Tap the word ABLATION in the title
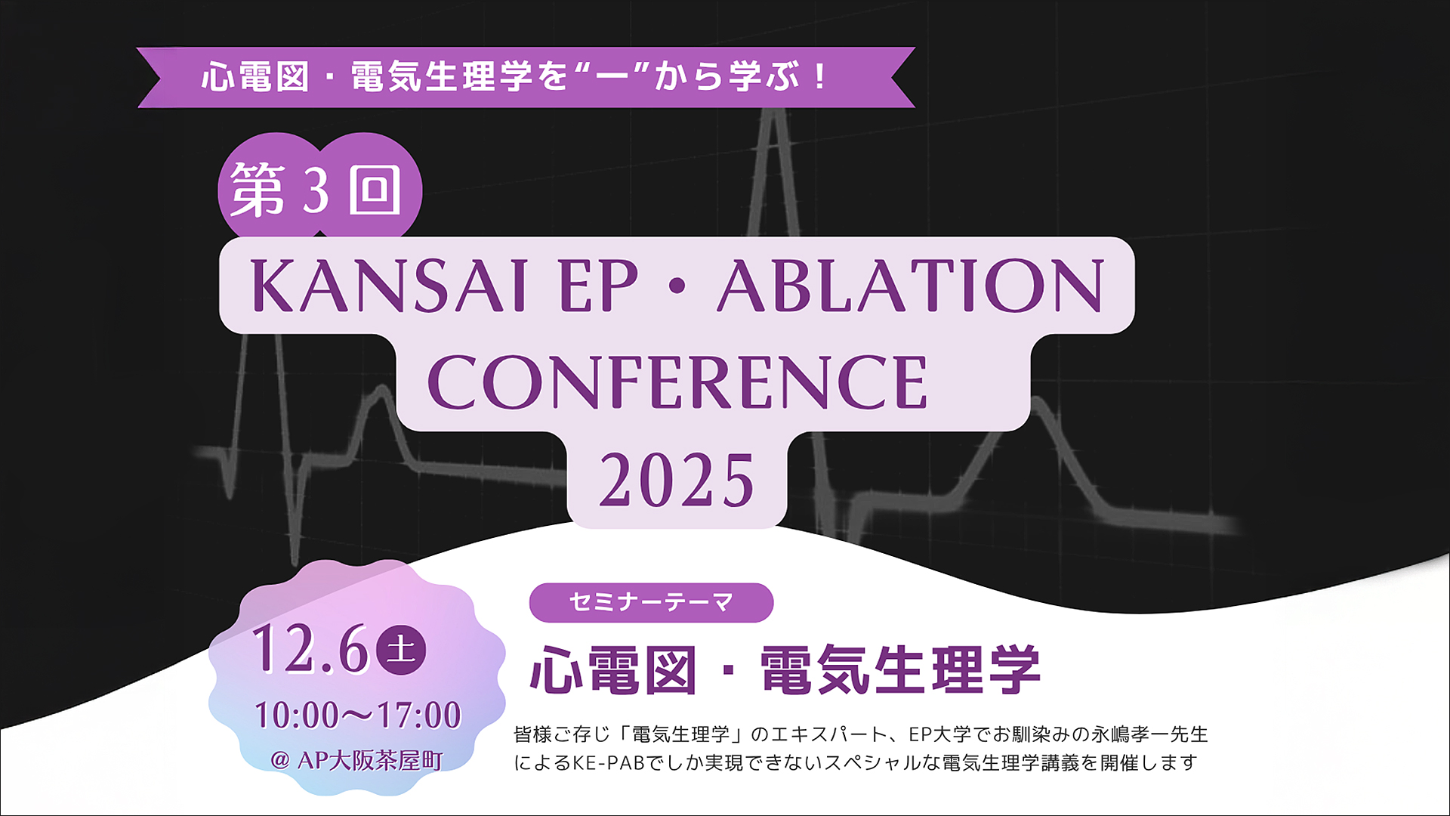(x=912, y=286)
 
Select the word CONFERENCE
(x=677, y=382)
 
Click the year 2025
(x=677, y=481)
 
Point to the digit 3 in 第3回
(x=316, y=190)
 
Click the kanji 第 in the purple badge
(x=258, y=190)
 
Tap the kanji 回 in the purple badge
(x=375, y=190)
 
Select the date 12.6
(x=310, y=649)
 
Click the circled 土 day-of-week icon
(x=401, y=650)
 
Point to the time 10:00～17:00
(x=357, y=715)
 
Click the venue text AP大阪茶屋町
(x=370, y=760)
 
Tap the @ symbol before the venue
(x=279, y=760)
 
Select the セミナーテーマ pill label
(x=651, y=602)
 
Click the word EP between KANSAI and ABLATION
(x=599, y=286)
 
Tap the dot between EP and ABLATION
(x=677, y=286)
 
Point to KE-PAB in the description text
(x=609, y=763)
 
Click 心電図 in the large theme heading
(x=613, y=669)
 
